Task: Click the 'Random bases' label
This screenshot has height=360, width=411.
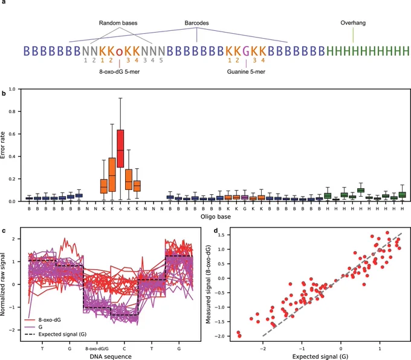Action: [118, 23]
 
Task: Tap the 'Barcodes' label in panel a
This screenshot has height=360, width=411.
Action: [196, 23]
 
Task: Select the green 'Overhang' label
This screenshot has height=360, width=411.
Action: [353, 23]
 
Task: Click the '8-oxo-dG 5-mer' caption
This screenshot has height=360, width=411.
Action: [119, 71]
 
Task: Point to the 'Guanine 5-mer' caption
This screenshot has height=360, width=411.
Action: [246, 71]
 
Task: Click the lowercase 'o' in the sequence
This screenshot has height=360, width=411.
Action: [119, 51]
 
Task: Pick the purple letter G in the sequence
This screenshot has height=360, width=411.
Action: [246, 51]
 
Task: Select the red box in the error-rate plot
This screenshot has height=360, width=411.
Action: [120, 148]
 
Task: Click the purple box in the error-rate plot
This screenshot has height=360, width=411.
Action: [245, 197]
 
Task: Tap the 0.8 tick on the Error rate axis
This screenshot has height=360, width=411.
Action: [13, 111]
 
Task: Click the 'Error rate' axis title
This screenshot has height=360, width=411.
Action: [3, 145]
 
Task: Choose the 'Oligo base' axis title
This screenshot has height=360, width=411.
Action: [215, 217]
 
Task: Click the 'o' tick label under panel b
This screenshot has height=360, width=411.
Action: [120, 209]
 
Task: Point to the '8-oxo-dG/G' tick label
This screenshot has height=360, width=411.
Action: [97, 349]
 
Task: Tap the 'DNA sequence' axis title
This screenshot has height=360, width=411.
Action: [111, 356]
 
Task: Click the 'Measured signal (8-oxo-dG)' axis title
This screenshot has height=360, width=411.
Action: [209, 284]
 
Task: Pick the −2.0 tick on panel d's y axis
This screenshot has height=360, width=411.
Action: [222, 336]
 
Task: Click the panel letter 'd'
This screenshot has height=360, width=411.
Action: [216, 231]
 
